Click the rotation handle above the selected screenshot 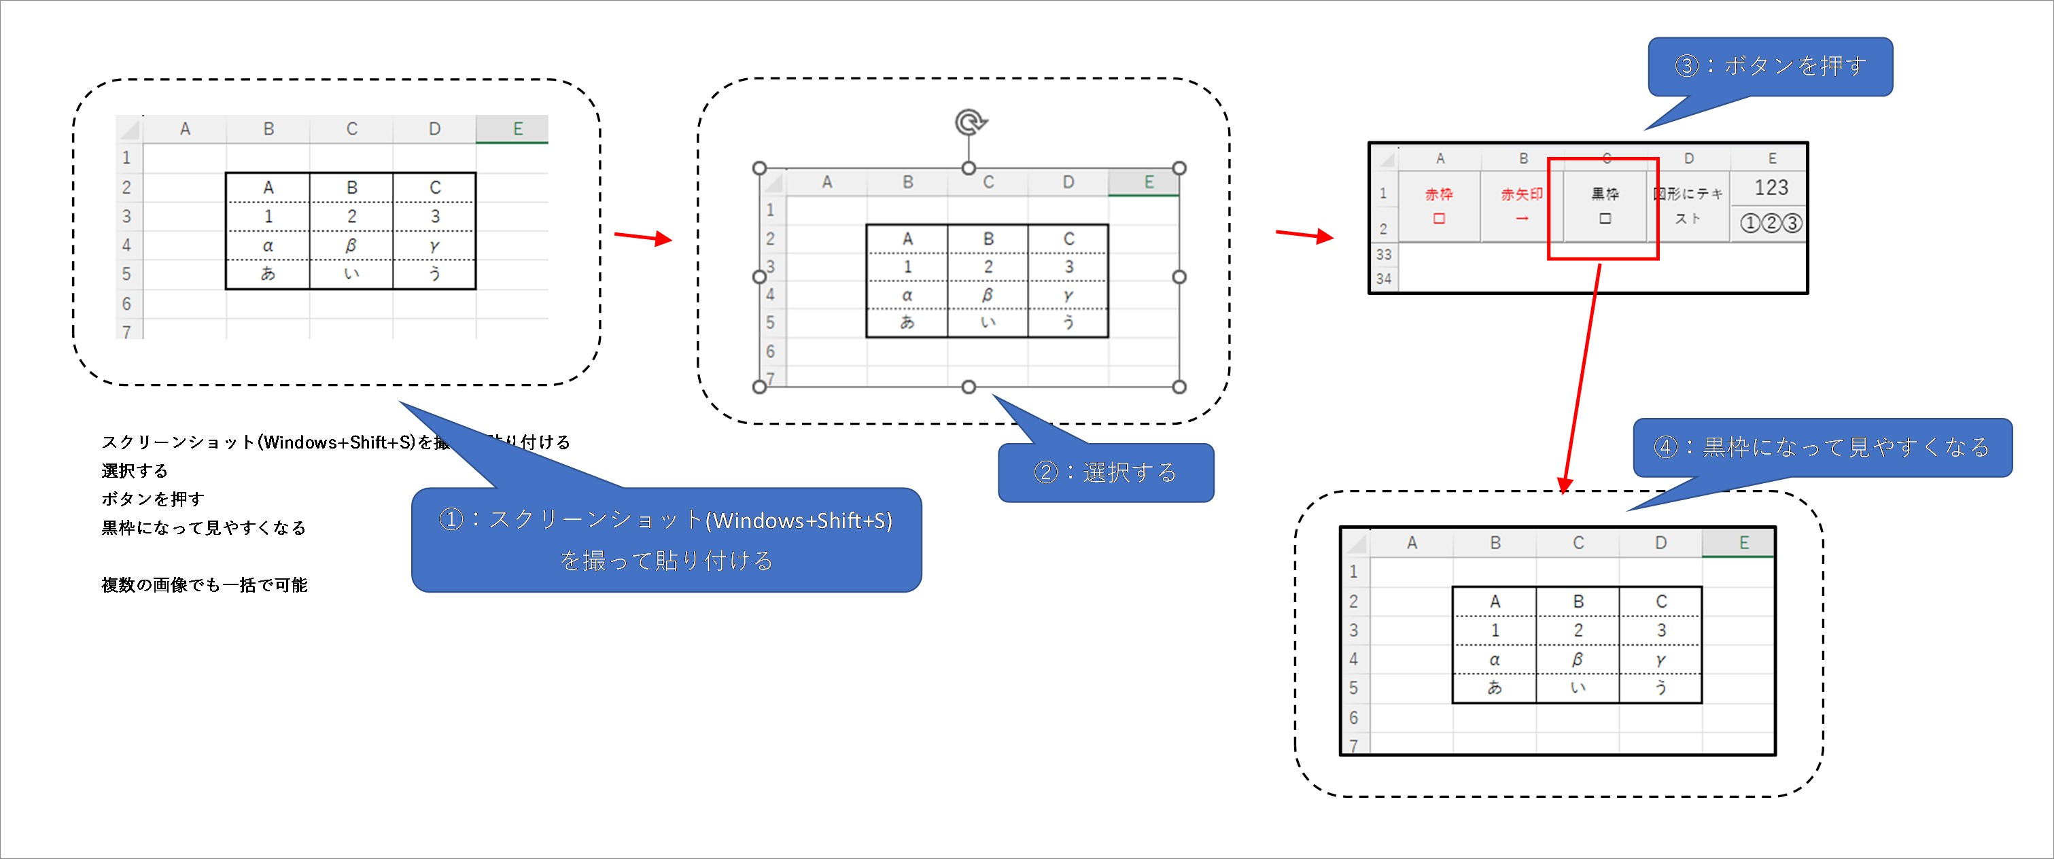[x=969, y=122]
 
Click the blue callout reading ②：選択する [x=1105, y=473]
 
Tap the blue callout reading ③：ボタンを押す [x=1770, y=66]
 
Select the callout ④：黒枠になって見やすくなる [x=1822, y=447]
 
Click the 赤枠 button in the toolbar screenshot [x=1440, y=205]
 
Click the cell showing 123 [x=1771, y=188]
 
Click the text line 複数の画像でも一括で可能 [x=204, y=584]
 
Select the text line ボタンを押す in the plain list [x=153, y=499]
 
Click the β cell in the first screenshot [x=351, y=245]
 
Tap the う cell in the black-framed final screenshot [x=1661, y=688]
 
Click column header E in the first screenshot [x=517, y=128]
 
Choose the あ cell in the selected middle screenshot [x=907, y=322]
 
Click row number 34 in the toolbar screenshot [x=1383, y=279]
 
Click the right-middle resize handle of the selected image [x=1179, y=277]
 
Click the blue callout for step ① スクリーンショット [x=666, y=540]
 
